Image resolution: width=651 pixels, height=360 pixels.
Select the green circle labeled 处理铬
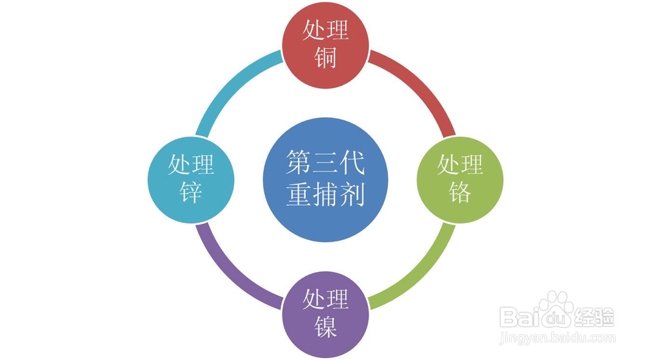click(460, 180)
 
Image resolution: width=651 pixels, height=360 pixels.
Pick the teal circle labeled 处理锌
click(191, 180)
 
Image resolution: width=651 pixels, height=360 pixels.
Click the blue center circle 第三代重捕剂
click(325, 180)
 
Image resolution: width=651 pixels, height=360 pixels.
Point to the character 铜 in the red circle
click(325, 59)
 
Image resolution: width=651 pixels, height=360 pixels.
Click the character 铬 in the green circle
click(460, 193)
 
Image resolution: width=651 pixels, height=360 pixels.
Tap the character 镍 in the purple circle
click(325, 327)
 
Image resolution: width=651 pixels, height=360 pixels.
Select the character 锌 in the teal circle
click(191, 193)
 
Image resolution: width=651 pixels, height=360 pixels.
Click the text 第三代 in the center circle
click(325, 163)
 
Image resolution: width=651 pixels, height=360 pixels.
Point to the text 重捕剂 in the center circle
click(325, 195)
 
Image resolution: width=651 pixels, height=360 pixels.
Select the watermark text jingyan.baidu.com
click(557, 338)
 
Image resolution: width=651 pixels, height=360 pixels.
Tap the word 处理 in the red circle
click(325, 30)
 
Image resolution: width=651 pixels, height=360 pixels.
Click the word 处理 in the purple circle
click(325, 299)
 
